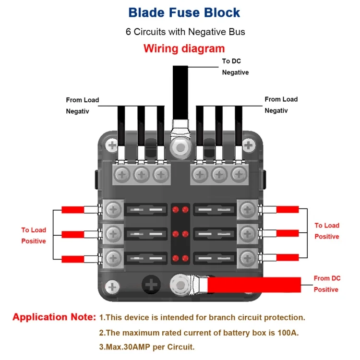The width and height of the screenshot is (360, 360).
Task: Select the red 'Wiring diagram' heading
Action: point(184,48)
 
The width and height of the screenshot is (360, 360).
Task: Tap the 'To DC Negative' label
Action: point(235,67)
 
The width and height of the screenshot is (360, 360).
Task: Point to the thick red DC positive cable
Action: point(254,285)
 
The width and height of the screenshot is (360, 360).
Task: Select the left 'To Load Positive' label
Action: point(34,235)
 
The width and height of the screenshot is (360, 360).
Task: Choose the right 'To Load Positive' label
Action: point(327,231)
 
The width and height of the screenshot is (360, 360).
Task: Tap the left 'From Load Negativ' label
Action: point(83,106)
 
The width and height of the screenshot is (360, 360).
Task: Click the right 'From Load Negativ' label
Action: point(281,105)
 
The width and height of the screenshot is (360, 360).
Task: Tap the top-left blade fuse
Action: point(146,210)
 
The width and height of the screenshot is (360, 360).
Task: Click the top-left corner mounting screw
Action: point(112,145)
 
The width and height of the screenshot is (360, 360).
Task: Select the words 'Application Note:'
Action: point(54,317)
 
